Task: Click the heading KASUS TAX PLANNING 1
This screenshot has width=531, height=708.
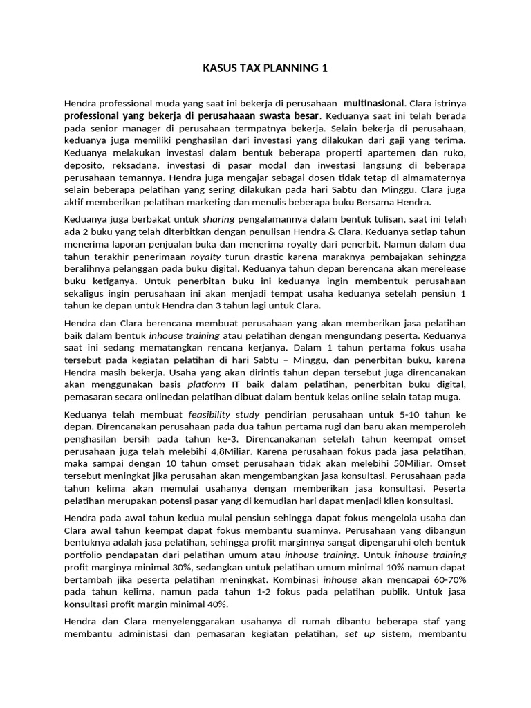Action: (x=265, y=68)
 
